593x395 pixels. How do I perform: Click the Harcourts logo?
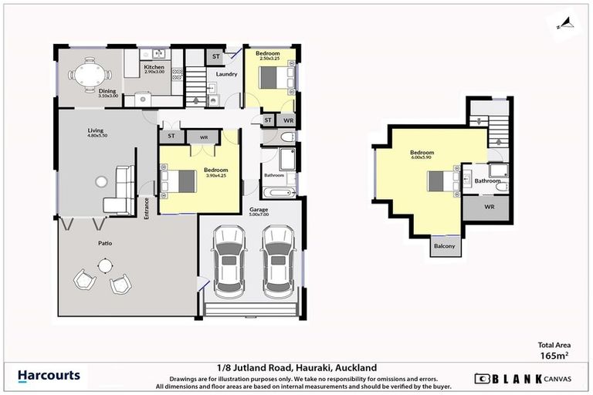point(49,376)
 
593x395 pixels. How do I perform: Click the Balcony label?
point(443,247)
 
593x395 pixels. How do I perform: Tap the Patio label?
point(104,244)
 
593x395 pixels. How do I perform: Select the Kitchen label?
point(154,67)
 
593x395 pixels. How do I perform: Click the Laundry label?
point(226,74)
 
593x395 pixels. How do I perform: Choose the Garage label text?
point(259,210)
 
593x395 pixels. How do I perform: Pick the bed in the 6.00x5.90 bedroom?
point(443,181)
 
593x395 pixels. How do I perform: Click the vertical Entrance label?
point(147,208)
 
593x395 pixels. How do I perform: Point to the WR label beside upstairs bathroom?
point(489,208)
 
